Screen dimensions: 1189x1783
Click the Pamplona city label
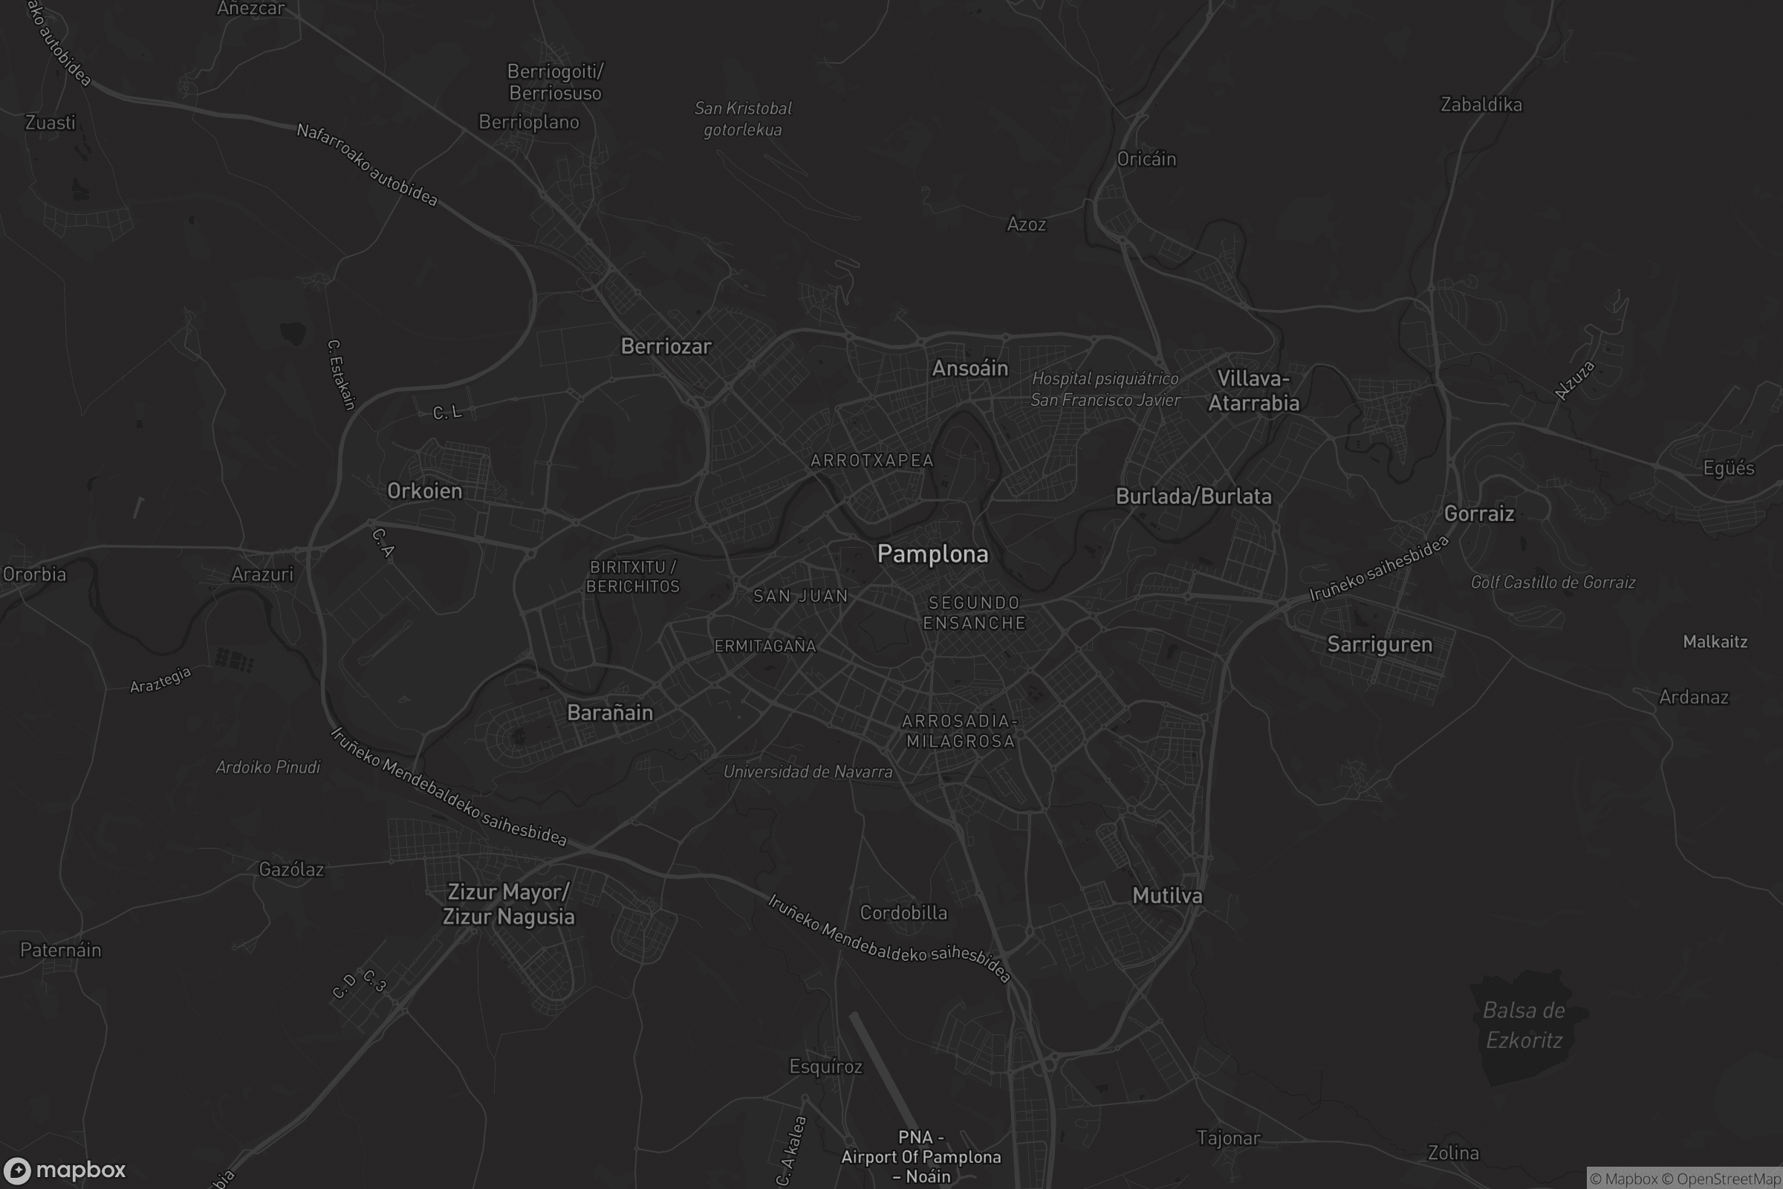(932, 554)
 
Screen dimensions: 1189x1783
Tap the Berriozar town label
(666, 346)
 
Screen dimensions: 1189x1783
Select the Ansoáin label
(970, 369)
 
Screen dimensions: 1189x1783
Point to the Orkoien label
(424, 491)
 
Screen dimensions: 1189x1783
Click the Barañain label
(609, 713)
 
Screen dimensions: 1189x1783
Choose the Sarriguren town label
(1379, 644)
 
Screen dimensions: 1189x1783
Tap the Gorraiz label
(1478, 514)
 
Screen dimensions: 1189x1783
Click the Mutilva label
(1166, 895)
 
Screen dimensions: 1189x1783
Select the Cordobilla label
(903, 913)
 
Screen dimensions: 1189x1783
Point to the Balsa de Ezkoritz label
(1524, 1026)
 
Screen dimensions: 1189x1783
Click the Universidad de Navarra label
(808, 772)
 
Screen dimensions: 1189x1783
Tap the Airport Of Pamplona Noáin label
(920, 1157)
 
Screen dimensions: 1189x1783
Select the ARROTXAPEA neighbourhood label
(871, 460)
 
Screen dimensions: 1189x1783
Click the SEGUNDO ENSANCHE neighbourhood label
(974, 612)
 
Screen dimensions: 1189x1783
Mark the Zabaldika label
(1481, 105)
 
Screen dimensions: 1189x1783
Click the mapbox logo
(64, 1170)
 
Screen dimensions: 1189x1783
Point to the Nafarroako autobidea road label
(367, 164)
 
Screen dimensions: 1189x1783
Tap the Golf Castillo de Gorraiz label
(1553, 583)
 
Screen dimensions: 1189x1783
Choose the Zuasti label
(50, 123)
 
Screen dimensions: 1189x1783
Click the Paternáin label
(60, 950)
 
